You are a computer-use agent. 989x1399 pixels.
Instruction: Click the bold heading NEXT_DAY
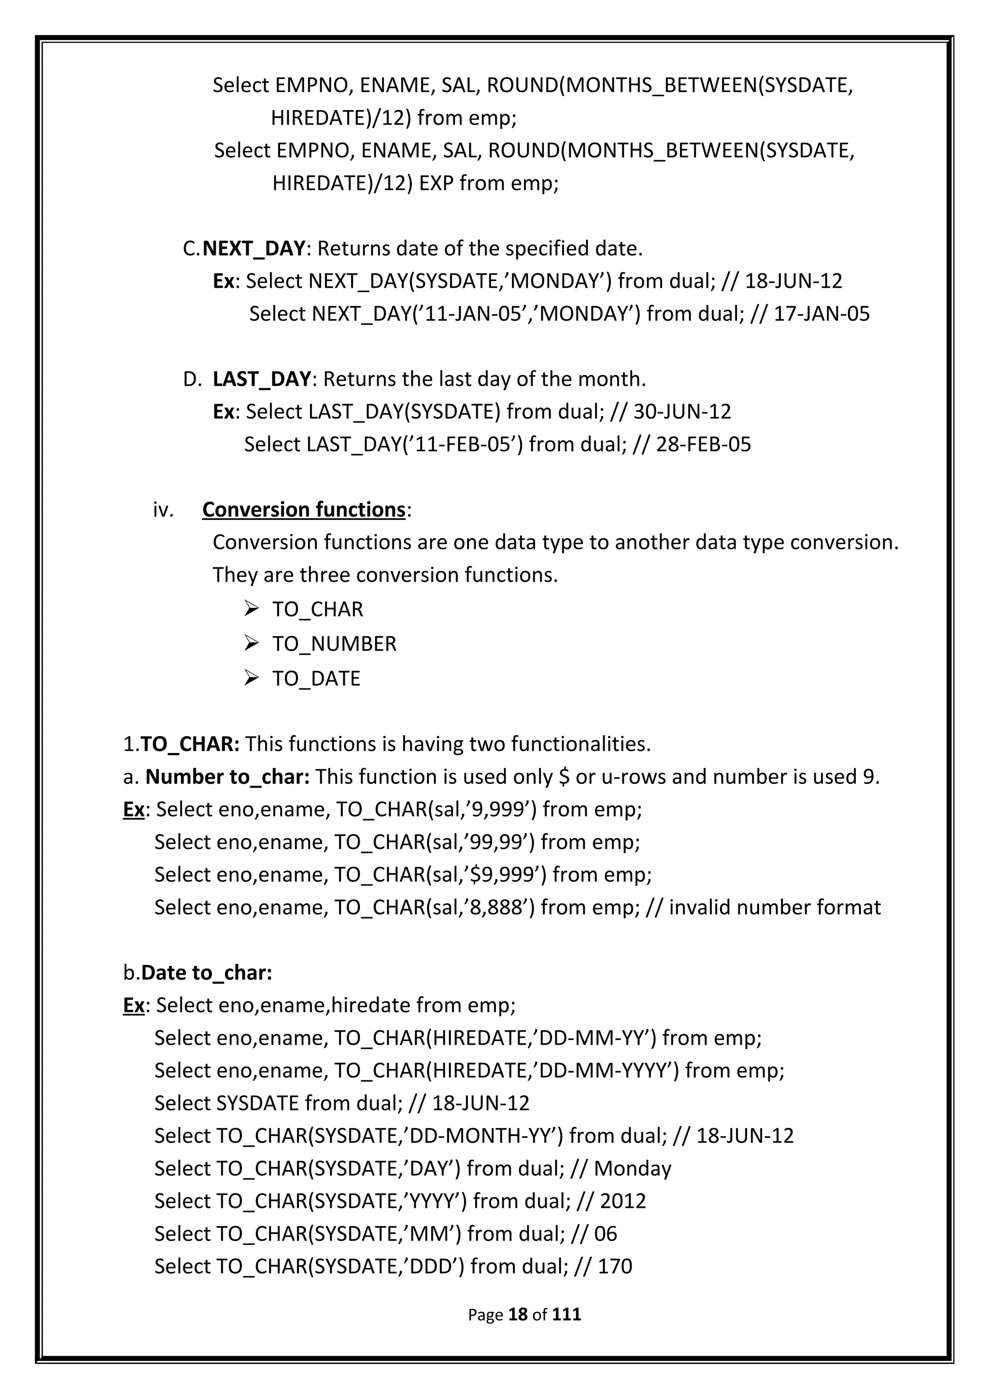tap(253, 249)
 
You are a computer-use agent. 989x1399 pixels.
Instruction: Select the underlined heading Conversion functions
tap(303, 509)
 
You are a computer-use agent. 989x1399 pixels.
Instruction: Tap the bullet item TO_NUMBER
tap(334, 644)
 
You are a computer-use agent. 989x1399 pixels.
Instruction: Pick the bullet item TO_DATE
tap(316, 679)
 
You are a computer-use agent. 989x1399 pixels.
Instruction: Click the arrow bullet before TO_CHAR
tap(251, 609)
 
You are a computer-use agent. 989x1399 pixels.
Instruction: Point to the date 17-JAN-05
tap(821, 314)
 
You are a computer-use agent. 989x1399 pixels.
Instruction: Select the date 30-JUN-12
tap(682, 412)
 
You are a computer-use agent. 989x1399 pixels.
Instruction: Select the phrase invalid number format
tap(775, 907)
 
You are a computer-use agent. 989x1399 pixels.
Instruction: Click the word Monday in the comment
tap(632, 1169)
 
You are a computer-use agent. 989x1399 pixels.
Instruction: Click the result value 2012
tap(623, 1201)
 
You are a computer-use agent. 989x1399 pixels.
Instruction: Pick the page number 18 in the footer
tap(517, 1315)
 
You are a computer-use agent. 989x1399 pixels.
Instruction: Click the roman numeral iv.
tap(163, 510)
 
